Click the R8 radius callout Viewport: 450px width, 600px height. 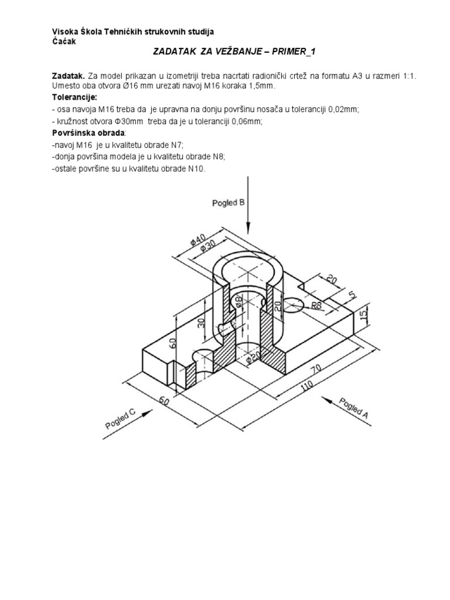click(x=317, y=305)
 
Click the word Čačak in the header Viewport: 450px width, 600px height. click(x=60, y=41)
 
